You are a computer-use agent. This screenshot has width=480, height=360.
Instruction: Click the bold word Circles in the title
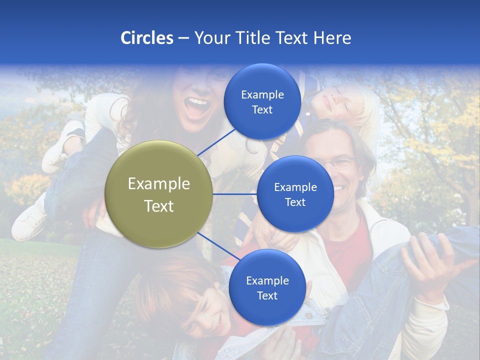click(x=147, y=38)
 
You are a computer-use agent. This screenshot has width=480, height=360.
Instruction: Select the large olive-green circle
click(x=159, y=194)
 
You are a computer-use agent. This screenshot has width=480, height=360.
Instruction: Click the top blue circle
click(x=262, y=102)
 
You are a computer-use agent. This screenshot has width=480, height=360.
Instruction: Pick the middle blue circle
click(x=295, y=194)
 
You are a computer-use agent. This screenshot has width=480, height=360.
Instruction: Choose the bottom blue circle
click(x=267, y=288)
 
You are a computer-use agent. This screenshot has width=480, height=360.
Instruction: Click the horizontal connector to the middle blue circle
click(x=235, y=194)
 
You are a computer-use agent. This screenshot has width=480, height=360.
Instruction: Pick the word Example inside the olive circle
click(x=159, y=184)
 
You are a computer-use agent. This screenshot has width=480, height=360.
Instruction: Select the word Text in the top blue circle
click(x=262, y=109)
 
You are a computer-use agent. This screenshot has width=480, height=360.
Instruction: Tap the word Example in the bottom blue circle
click(x=267, y=280)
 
